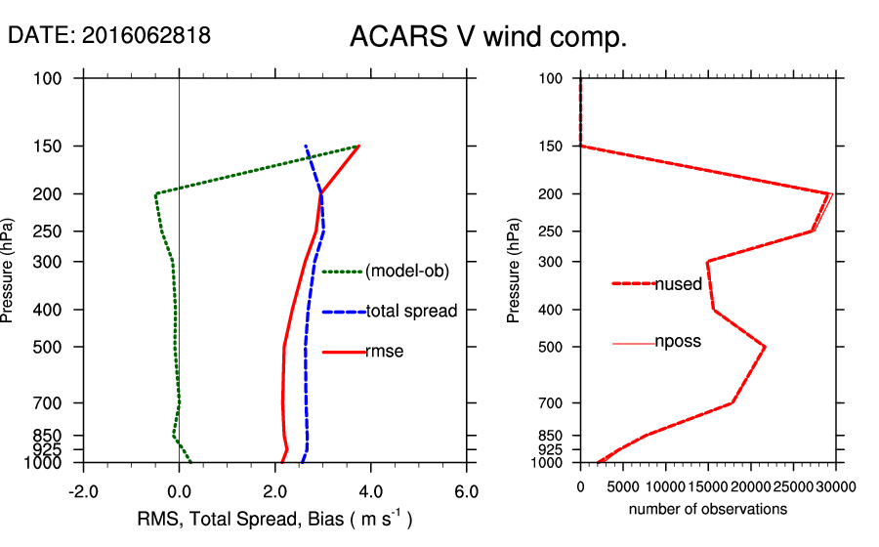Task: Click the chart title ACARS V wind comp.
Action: tap(487, 38)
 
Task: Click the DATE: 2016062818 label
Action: tap(109, 36)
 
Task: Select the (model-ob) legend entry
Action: tap(406, 272)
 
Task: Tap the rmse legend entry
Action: tap(385, 352)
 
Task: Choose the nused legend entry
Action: tap(678, 284)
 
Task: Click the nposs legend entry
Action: tap(678, 342)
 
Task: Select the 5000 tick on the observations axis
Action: tap(623, 485)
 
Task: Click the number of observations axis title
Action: tap(708, 510)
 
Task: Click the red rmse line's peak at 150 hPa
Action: tap(359, 147)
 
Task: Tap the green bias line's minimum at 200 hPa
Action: tap(156, 194)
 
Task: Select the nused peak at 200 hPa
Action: tap(829, 193)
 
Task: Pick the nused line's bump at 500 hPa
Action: tap(765, 347)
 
